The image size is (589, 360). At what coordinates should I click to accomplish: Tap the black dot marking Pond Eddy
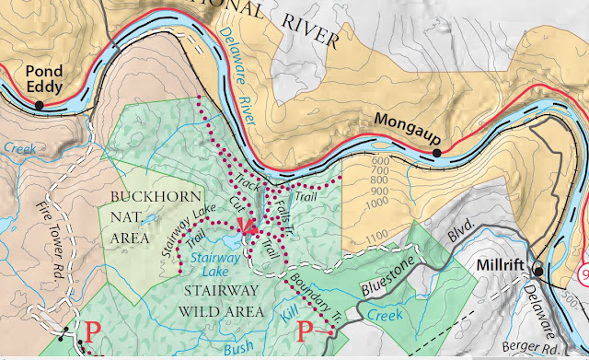(40, 106)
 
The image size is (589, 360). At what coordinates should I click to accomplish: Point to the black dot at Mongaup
(437, 152)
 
